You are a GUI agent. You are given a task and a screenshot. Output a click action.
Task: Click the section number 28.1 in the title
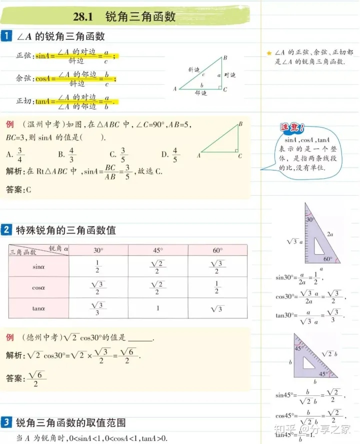(x=83, y=17)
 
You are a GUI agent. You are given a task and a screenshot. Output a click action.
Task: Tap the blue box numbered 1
(x=6, y=36)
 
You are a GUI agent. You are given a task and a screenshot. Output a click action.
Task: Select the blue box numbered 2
(x=6, y=230)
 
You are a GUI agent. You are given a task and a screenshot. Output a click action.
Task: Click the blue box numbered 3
(x=6, y=422)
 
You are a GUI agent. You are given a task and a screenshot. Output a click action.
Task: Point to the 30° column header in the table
(x=98, y=250)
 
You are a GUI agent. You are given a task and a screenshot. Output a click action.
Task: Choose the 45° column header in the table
(x=157, y=250)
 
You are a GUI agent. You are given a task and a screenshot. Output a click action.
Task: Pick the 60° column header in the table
(x=217, y=250)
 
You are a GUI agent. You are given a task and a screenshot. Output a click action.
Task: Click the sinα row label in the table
(x=38, y=267)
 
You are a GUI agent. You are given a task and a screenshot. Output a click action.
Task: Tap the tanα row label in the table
(x=38, y=309)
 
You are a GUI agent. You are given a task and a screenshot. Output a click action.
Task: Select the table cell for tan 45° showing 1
(x=157, y=308)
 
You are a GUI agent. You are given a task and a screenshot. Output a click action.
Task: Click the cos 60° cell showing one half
(x=217, y=288)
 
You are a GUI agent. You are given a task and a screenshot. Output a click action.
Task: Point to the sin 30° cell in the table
(x=98, y=267)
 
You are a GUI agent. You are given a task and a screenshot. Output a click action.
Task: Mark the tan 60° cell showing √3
(x=217, y=309)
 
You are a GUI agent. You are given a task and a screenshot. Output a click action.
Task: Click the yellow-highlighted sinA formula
(x=75, y=56)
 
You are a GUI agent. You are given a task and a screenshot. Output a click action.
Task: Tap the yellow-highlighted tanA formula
(x=75, y=101)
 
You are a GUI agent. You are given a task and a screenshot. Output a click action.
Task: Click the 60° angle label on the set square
(x=327, y=259)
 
